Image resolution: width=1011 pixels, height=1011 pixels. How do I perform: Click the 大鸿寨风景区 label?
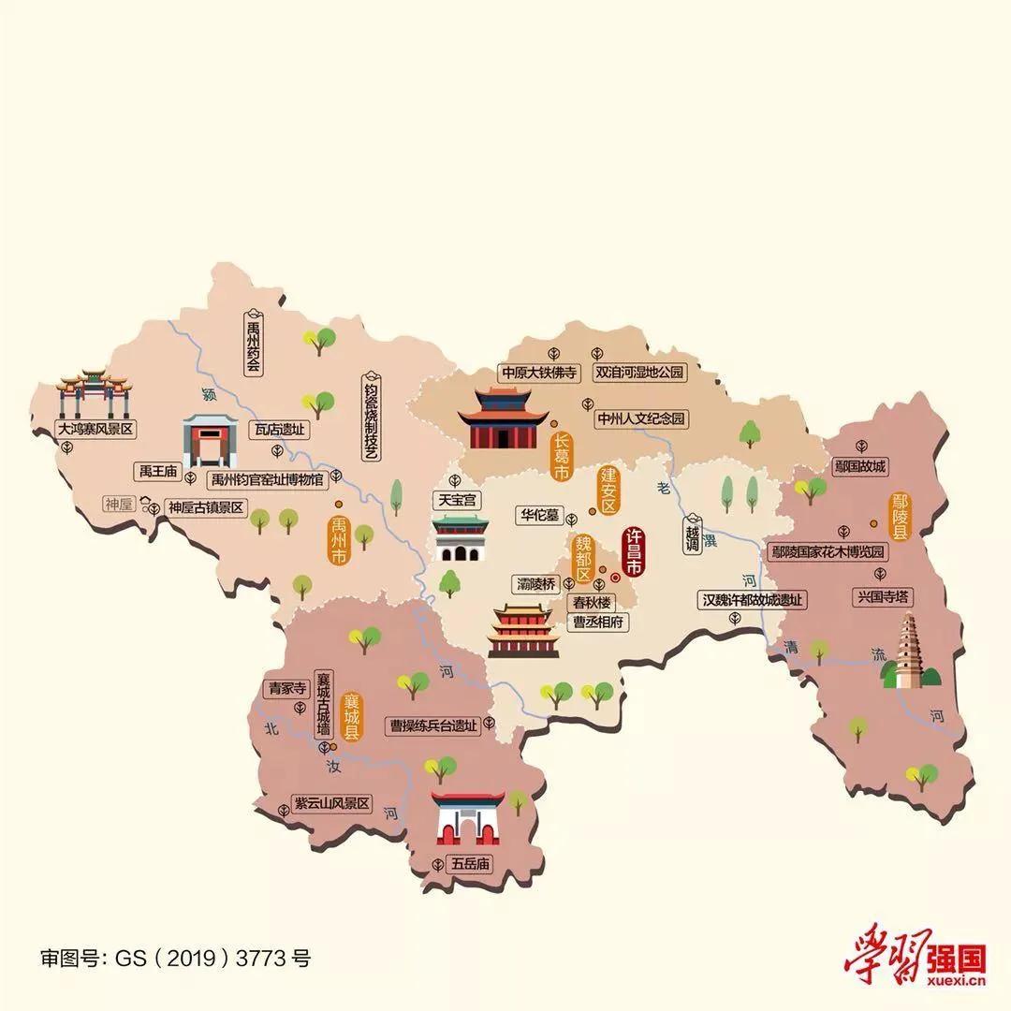[95, 430]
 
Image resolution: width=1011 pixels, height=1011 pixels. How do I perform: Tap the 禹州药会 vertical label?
[253, 341]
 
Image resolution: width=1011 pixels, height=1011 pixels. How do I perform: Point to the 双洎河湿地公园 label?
[640, 373]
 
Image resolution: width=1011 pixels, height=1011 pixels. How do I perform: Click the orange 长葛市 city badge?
[561, 457]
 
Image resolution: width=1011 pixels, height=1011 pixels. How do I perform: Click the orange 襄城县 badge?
[352, 717]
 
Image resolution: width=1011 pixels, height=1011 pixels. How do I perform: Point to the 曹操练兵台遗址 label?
[434, 725]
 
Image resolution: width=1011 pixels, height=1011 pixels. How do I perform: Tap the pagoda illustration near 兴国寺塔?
[905, 652]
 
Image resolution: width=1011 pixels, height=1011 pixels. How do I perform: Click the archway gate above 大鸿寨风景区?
[94, 393]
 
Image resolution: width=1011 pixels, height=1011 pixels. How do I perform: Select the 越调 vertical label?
[692, 535]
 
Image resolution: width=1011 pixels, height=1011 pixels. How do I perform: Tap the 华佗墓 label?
[540, 515]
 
